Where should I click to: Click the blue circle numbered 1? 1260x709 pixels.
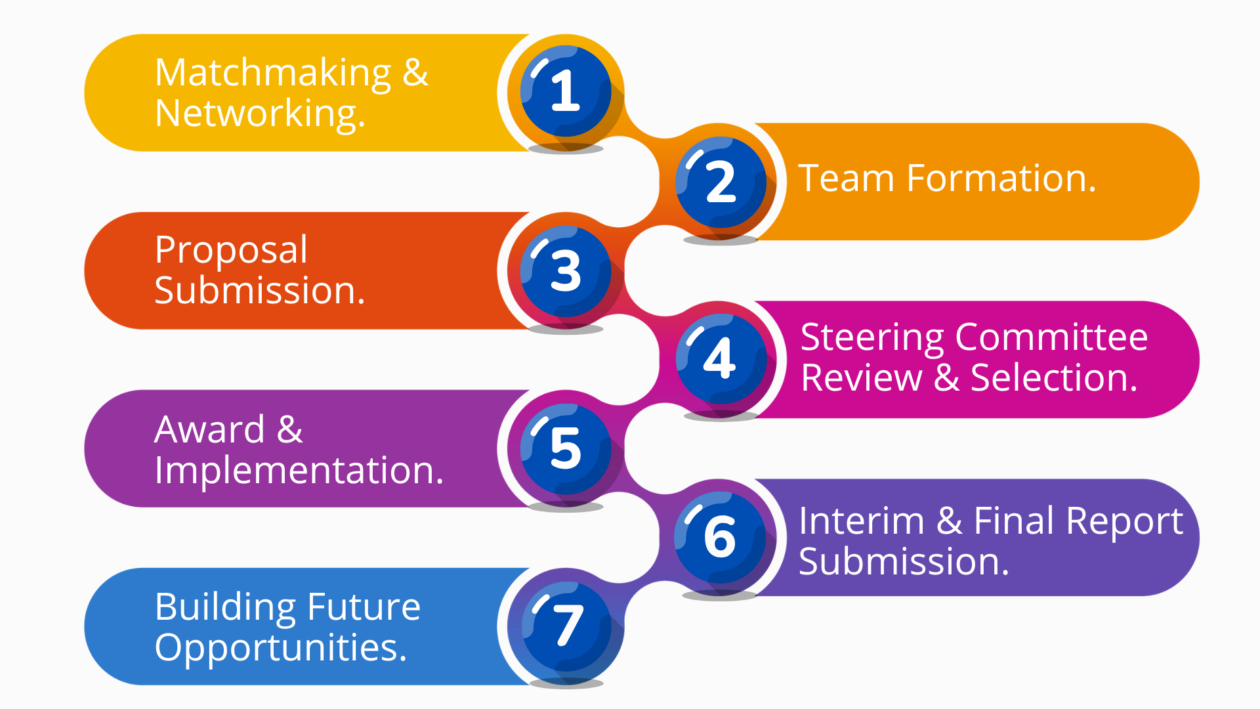click(566, 91)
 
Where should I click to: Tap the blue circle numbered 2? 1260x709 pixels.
click(721, 182)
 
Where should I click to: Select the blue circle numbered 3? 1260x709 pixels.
click(566, 270)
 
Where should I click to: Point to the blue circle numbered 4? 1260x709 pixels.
click(721, 358)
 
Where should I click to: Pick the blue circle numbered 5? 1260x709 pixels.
click(566, 448)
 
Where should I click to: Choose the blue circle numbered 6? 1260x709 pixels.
click(721, 537)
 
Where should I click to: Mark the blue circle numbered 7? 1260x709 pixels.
click(566, 626)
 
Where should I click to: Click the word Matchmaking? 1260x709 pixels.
click(273, 74)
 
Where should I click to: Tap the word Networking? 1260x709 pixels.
click(260, 114)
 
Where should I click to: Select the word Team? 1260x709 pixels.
click(846, 179)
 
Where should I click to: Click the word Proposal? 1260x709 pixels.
click(231, 251)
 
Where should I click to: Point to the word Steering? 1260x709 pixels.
click(872, 339)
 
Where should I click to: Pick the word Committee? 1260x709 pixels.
click(1051, 337)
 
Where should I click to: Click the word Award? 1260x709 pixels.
click(209, 430)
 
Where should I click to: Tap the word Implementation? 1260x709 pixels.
click(299, 471)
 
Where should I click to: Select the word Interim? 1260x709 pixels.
click(861, 521)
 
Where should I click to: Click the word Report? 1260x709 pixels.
click(1124, 523)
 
